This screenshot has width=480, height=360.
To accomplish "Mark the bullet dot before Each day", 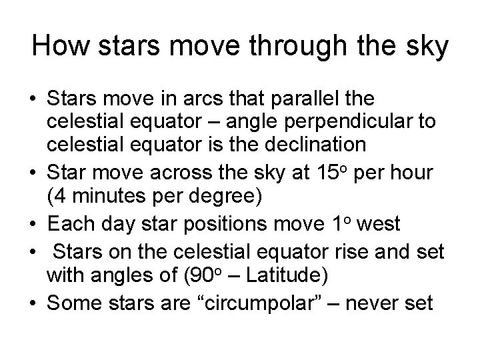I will point(33,225).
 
